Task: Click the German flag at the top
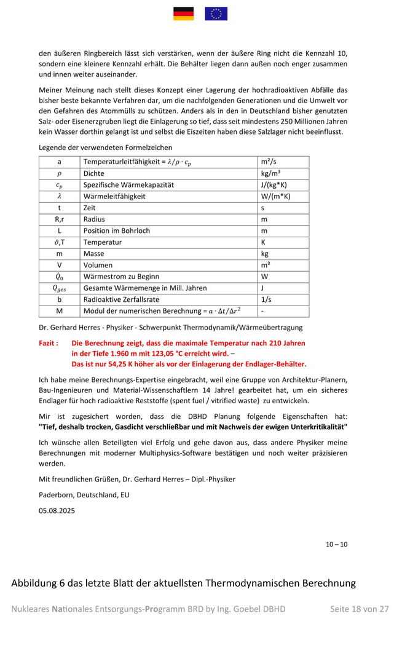pyautogui.click(x=183, y=14)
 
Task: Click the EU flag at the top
pyautogui.click(x=216, y=14)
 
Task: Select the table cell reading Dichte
pyautogui.click(x=94, y=173)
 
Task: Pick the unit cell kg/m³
pyautogui.click(x=271, y=173)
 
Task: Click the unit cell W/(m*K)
pyautogui.click(x=275, y=196)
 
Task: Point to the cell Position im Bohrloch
pyautogui.click(x=117, y=231)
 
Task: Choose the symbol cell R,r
pyautogui.click(x=59, y=219)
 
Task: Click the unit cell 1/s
pyautogui.click(x=266, y=299)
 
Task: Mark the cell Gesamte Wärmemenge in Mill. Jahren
pyautogui.click(x=145, y=288)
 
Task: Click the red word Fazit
pyautogui.click(x=49, y=343)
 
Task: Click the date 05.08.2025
pyautogui.click(x=57, y=510)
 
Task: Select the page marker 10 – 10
pyautogui.click(x=336, y=544)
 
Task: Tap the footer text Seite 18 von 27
pyautogui.click(x=360, y=609)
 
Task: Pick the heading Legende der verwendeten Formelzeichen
pyautogui.click(x=105, y=148)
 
